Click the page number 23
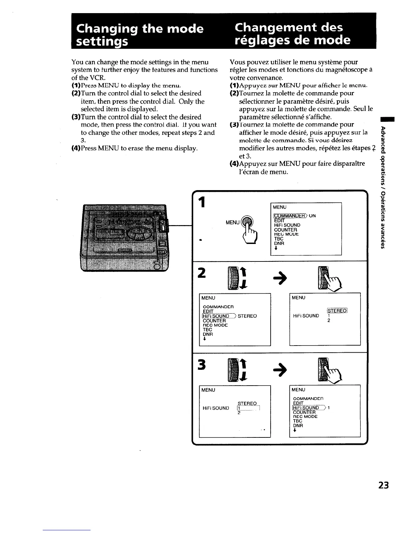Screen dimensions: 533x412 click(x=383, y=486)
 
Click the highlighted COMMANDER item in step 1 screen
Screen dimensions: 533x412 click(x=288, y=216)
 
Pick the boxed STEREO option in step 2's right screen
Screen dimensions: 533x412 click(x=337, y=311)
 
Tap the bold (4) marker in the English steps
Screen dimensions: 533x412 click(x=75, y=148)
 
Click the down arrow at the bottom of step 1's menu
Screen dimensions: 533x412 click(x=276, y=249)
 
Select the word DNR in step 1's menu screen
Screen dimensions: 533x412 click(x=279, y=243)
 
